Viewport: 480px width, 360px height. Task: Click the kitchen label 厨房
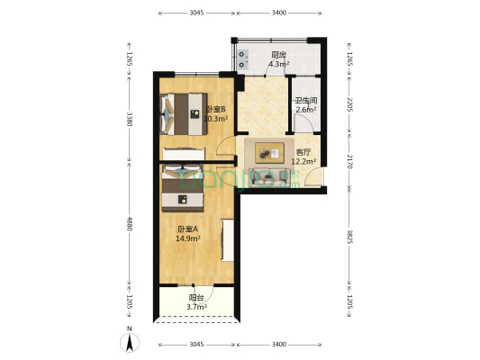tap(279, 56)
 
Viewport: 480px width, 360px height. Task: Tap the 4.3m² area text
tap(279, 65)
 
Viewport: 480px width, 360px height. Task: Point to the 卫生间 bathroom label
tap(304, 101)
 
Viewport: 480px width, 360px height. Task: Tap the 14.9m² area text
tap(187, 238)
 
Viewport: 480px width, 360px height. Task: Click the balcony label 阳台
tap(195, 298)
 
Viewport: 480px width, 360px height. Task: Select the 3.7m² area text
tap(196, 307)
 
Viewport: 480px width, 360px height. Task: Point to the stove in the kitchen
tap(243, 58)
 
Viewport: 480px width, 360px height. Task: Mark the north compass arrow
tap(131, 342)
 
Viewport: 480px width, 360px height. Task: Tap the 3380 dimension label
tap(130, 119)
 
